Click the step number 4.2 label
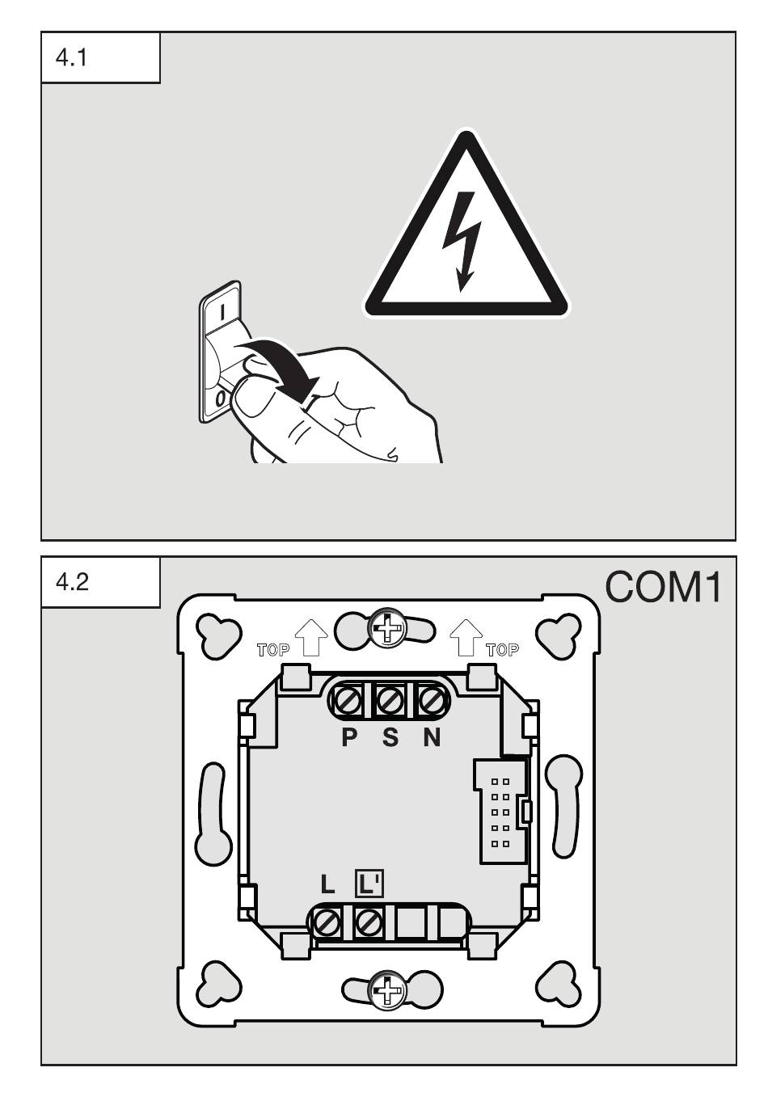click(71, 584)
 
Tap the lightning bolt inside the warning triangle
click(467, 243)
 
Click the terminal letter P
click(349, 737)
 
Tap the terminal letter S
click(390, 737)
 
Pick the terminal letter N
click(432, 737)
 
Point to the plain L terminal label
click(327, 884)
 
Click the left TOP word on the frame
click(272, 649)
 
